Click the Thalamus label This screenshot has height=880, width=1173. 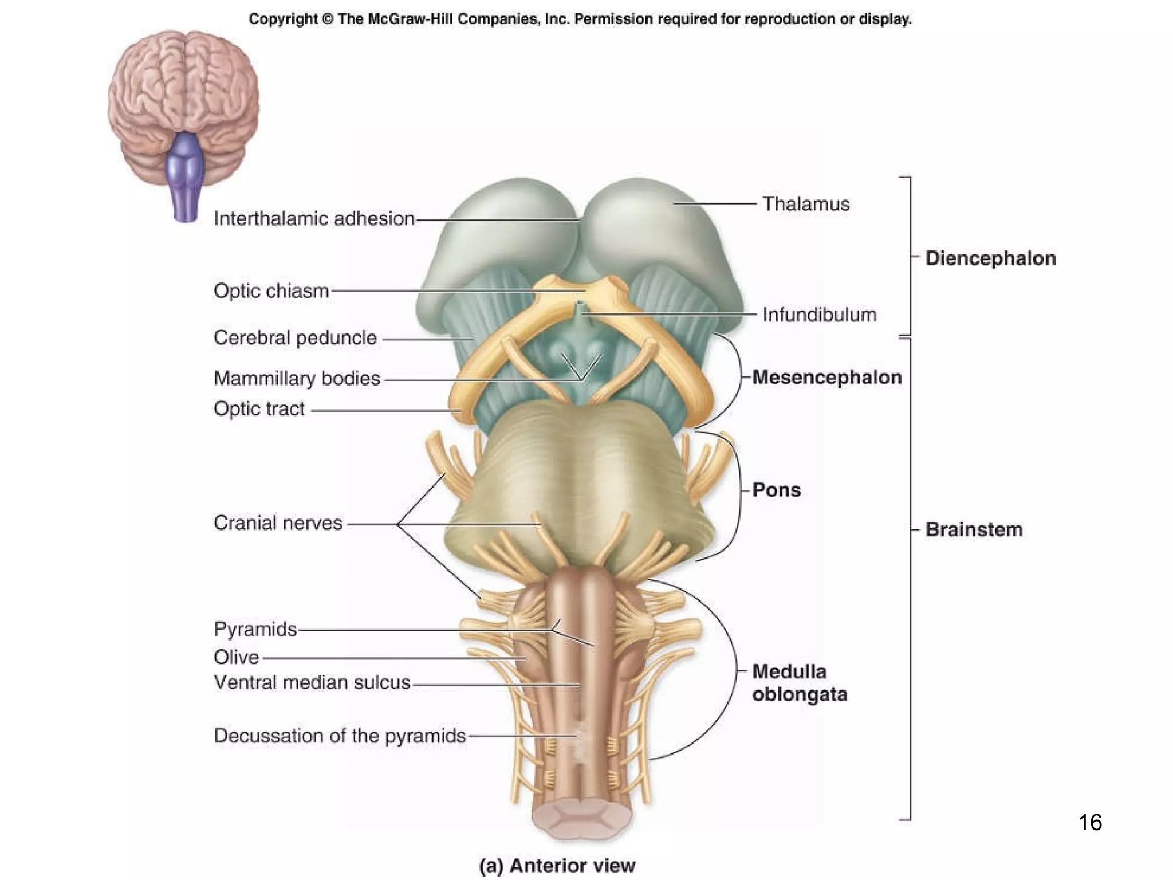[805, 204]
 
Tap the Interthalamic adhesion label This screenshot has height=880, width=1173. [314, 218]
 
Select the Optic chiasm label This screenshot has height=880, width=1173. [271, 290]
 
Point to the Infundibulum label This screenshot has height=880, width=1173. [819, 315]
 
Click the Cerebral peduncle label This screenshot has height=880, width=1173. [295, 337]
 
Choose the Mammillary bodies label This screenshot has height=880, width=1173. [297, 378]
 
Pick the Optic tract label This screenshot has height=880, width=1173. [259, 408]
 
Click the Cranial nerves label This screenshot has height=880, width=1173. [278, 522]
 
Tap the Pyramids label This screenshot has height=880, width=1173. [255, 629]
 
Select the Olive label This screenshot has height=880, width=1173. [236, 657]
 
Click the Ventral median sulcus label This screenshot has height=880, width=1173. [312, 682]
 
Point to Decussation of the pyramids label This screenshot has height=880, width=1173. [340, 736]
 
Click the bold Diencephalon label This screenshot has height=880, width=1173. [990, 258]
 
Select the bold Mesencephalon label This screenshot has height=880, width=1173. [826, 377]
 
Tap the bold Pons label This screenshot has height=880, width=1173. [776, 490]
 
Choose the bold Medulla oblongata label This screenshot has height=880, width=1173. [799, 683]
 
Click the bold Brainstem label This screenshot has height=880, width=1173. [974, 529]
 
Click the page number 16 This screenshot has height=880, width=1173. [1089, 822]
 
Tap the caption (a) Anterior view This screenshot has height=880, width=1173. [557, 865]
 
